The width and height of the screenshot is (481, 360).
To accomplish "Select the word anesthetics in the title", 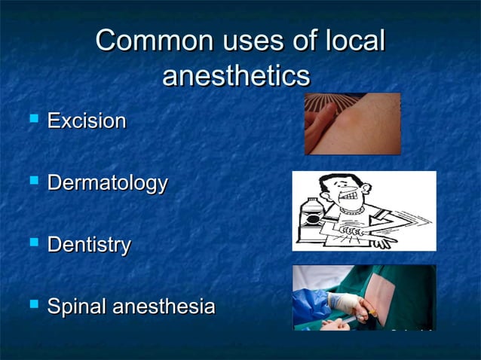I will click(236, 77).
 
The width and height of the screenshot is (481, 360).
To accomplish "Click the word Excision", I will click(87, 121).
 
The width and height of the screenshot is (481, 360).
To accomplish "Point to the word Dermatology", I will click(107, 183).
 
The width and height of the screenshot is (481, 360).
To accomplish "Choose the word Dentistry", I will click(89, 245).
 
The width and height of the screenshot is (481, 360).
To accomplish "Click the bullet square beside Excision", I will click(32, 119).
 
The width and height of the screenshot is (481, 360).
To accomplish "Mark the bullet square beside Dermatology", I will click(32, 182).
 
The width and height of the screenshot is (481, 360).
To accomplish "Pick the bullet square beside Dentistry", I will click(32, 243).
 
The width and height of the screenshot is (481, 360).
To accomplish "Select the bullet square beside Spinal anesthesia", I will click(32, 306).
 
